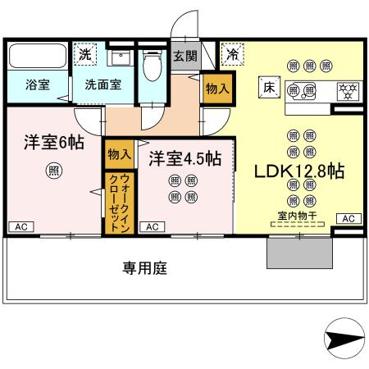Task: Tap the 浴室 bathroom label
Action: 37,84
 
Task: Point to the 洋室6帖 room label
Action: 52,141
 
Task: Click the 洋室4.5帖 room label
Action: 184,157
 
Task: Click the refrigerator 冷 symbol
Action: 234,55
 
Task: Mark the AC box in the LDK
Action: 348,218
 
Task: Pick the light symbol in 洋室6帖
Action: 52,171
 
